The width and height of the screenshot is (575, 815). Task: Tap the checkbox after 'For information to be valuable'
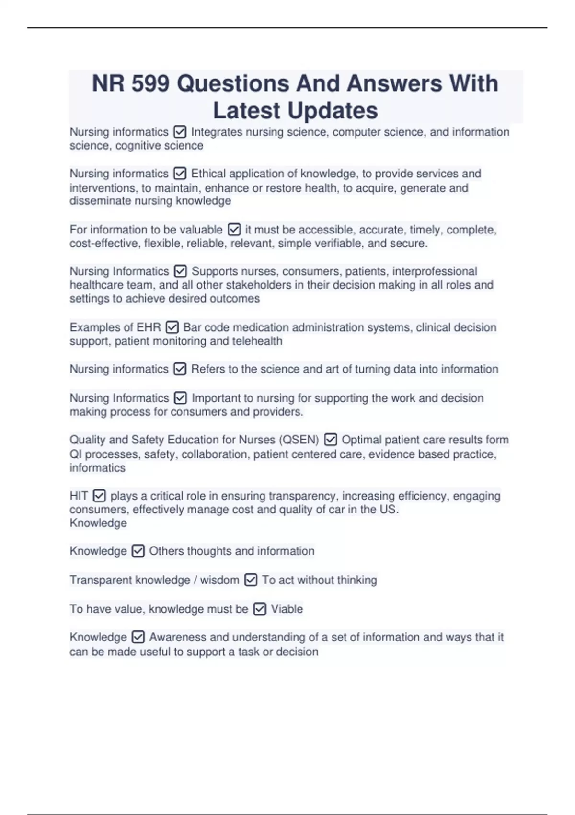[234, 230]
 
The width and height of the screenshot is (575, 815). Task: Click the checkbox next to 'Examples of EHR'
[172, 327]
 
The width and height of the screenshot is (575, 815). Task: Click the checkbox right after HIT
[99, 495]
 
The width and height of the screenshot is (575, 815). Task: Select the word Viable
[287, 609]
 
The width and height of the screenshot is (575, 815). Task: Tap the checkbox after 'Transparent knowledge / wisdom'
[251, 580]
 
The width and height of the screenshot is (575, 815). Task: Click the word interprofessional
[435, 271]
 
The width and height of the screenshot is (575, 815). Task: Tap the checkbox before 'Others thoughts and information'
[138, 551]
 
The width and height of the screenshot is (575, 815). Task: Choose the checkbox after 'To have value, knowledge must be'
[259, 609]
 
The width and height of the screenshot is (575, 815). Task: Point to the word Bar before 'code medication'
[192, 327]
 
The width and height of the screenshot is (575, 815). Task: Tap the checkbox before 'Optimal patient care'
[331, 440]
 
